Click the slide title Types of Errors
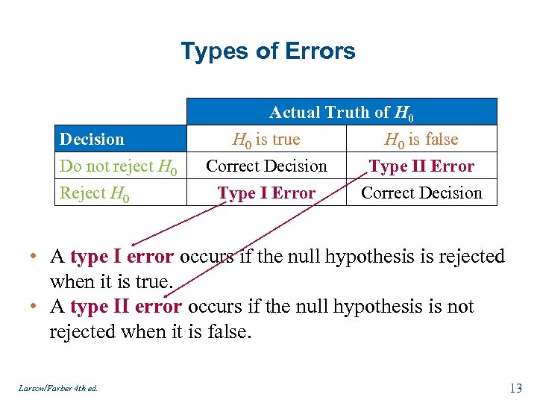click(268, 51)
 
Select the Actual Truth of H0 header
click(341, 113)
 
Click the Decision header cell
click(92, 140)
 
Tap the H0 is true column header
click(266, 140)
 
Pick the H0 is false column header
click(421, 140)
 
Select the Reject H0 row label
click(95, 193)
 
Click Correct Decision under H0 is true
click(266, 166)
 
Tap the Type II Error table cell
click(421, 166)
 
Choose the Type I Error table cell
click(266, 193)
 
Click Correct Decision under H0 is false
click(421, 193)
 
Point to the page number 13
click(515, 387)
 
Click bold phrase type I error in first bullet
click(122, 257)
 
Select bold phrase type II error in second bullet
click(126, 307)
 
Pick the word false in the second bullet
click(227, 331)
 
